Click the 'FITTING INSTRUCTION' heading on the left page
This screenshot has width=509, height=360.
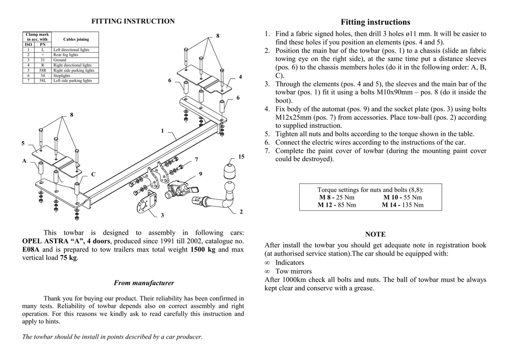pyautogui.click(x=133, y=21)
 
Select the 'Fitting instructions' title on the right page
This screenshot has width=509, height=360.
pyautogui.click(x=375, y=22)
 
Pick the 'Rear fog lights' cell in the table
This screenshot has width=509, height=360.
pyautogui.click(x=66, y=55)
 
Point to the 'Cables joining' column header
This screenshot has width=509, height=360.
pyautogui.click(x=76, y=39)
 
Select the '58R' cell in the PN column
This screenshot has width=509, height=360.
pyautogui.click(x=42, y=71)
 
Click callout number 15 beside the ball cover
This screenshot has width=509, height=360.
pyautogui.click(x=241, y=157)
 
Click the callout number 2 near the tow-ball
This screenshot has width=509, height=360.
pyautogui.click(x=241, y=212)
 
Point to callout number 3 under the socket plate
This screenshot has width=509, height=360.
pyautogui.click(x=162, y=215)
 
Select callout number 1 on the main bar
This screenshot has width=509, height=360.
pyautogui.click(x=162, y=131)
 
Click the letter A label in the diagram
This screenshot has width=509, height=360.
pyautogui.click(x=24, y=161)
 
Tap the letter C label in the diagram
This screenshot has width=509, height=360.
pyautogui.click(x=92, y=174)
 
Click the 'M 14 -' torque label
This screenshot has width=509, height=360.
pyautogui.click(x=391, y=205)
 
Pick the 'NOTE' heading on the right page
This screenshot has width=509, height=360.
pyautogui.click(x=375, y=234)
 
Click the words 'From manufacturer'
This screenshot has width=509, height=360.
pyautogui.click(x=144, y=283)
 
